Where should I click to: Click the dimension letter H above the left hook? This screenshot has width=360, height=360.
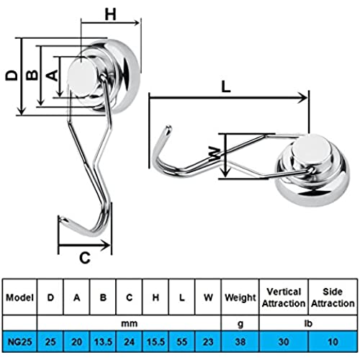click(111, 14)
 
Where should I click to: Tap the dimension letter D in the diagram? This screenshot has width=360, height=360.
click(12, 75)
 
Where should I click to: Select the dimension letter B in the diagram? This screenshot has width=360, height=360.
click(32, 75)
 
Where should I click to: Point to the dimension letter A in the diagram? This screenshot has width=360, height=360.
click(52, 75)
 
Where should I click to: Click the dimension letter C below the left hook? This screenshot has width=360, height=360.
click(85, 258)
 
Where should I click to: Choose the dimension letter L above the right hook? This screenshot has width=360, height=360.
click(226, 86)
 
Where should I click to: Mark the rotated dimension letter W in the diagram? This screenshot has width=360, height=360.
click(215, 154)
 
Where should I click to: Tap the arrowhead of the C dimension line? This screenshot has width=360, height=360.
click(105, 245)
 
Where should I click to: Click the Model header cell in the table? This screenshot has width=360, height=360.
click(19, 297)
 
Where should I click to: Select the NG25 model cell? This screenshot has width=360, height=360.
click(19, 341)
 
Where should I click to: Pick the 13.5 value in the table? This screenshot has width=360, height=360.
click(103, 341)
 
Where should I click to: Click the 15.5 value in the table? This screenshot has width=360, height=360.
click(156, 341)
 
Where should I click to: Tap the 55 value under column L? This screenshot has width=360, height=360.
click(181, 341)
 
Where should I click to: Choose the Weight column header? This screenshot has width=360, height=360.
click(240, 298)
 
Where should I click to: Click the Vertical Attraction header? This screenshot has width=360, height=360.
click(284, 297)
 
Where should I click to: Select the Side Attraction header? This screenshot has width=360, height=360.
click(333, 297)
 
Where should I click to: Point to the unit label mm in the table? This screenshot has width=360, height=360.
click(129, 323)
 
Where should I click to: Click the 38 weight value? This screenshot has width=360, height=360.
click(240, 341)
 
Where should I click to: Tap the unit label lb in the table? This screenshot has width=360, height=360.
click(308, 323)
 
